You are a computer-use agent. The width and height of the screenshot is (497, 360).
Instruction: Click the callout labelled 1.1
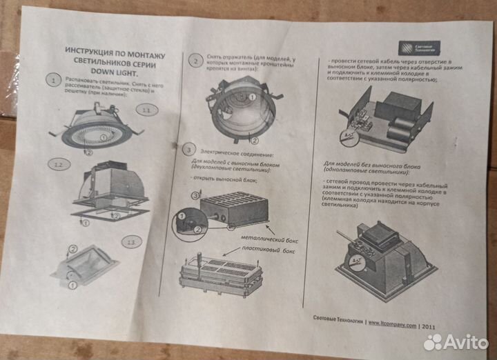tap(146, 110)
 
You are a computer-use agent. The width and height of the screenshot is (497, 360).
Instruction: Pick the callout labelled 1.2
tap(59, 164)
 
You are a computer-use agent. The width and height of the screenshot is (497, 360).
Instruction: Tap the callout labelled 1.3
tap(132, 242)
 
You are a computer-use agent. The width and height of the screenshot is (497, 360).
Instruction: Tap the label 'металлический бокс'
tap(266, 238)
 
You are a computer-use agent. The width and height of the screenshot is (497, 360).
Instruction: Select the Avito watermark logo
tap(456, 341)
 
